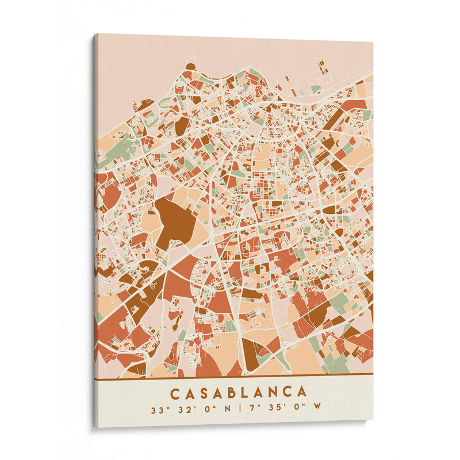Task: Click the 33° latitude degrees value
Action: [x=158, y=411]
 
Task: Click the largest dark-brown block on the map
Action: [x=174, y=218]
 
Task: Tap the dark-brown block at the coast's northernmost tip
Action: [x=190, y=67]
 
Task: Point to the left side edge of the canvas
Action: [x=95, y=230]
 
